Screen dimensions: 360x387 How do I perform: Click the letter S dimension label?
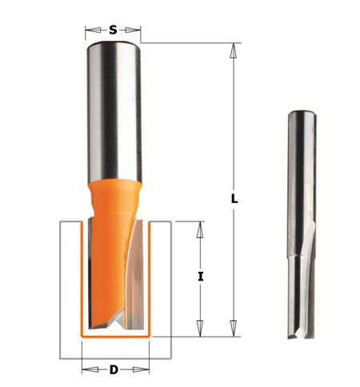pyautogui.click(x=113, y=30)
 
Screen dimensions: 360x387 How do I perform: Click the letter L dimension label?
pyautogui.click(x=234, y=198)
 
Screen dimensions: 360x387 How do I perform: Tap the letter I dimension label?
pyautogui.click(x=201, y=277)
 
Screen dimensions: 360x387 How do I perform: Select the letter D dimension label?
pyautogui.click(x=114, y=369)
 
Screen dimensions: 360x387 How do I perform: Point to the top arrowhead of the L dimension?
pyautogui.click(x=234, y=51)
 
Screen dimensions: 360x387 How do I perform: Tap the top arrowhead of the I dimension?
pyautogui.click(x=200, y=229)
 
